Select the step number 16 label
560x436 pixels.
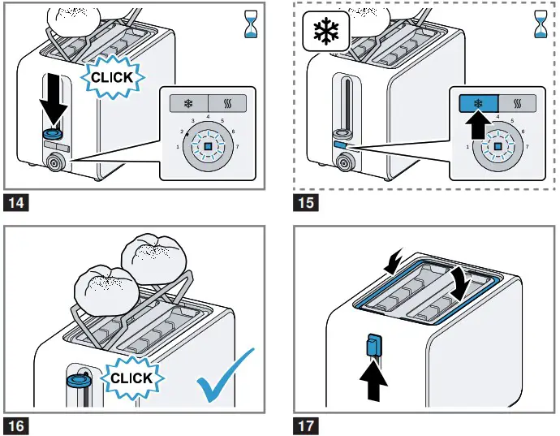click(x=15, y=425)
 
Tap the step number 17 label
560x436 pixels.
click(x=306, y=425)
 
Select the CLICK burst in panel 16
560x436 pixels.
click(x=130, y=378)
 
